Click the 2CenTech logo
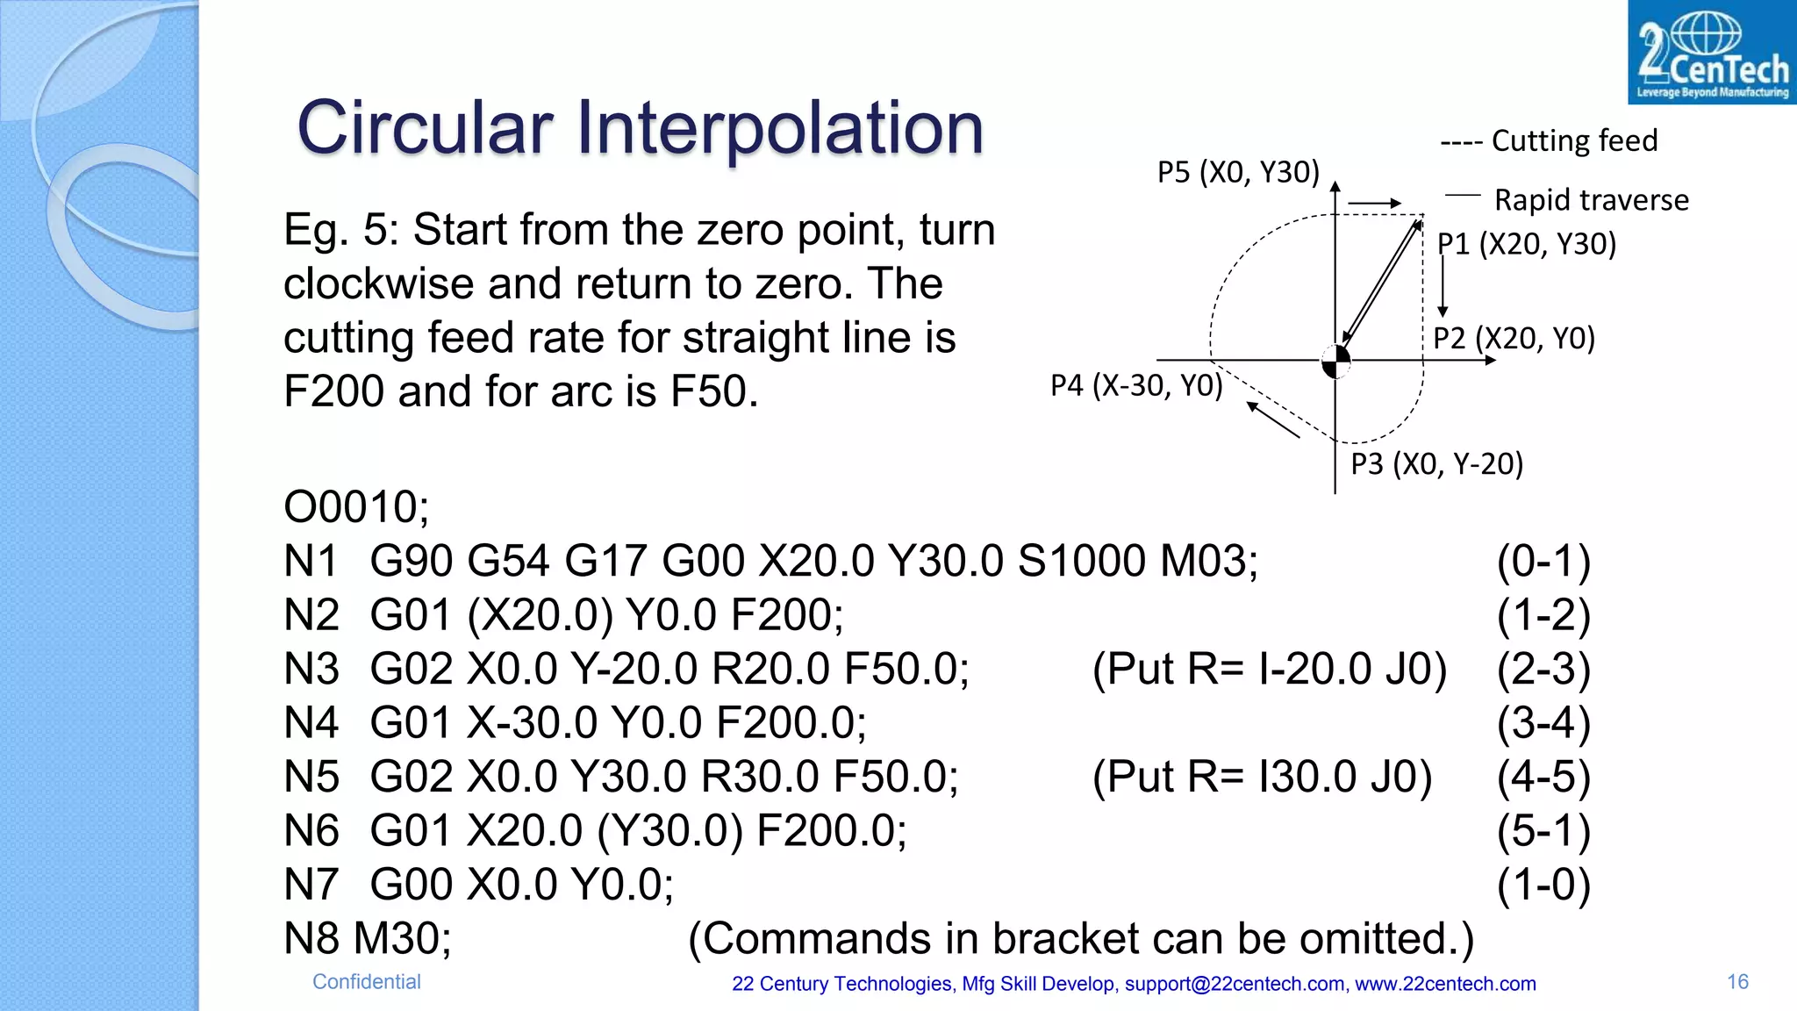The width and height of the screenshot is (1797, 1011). point(1711,53)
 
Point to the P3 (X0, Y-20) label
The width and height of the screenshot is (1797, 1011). point(1436,463)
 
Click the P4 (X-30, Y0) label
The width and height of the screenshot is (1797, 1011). point(1136,385)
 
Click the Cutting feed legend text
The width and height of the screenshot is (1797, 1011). point(1574,140)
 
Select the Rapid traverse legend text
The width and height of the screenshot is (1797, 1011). point(1591,200)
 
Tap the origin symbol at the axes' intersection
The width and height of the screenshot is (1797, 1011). point(1335,360)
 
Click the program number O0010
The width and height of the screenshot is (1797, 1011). point(355,507)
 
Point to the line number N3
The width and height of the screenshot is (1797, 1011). point(311,669)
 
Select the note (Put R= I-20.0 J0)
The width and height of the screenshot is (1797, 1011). point(1269,669)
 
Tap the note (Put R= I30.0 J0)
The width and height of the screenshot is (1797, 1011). point(1262,777)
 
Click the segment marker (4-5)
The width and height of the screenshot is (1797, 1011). point(1543,777)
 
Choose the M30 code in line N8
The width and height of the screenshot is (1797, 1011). point(402,938)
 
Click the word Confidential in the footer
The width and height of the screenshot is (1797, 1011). point(367,982)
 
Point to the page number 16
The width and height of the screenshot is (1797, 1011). point(1737,982)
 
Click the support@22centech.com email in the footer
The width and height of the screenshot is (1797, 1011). point(1235,984)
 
